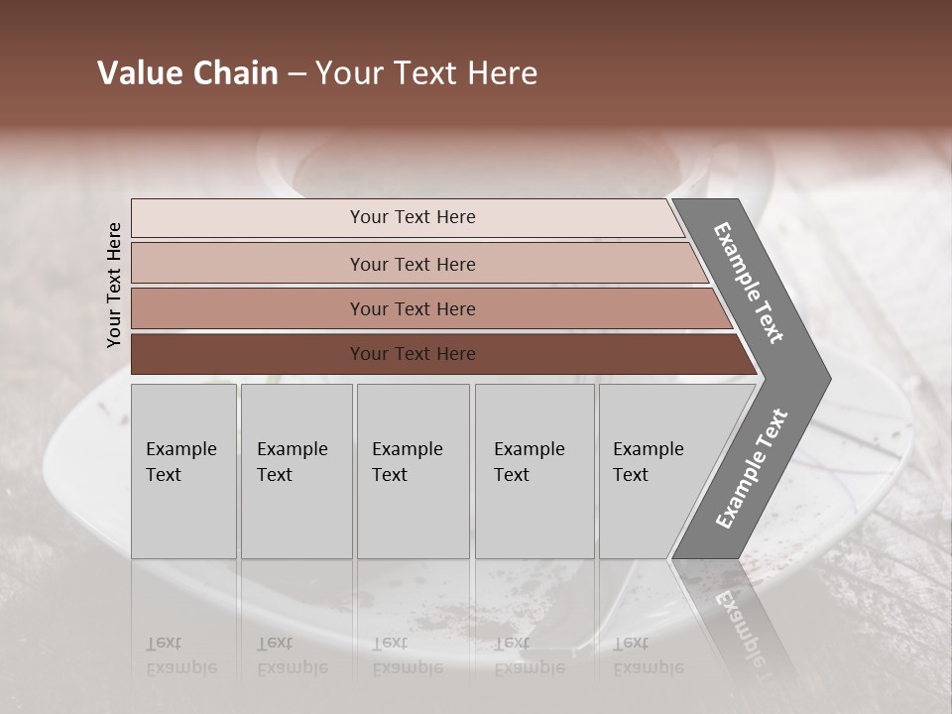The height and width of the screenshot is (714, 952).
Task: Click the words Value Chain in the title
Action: point(187,73)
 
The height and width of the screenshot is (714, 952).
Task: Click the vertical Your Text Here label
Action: point(114,285)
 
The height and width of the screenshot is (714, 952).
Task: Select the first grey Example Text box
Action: point(183,471)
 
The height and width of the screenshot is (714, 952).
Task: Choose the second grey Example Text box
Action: point(297,471)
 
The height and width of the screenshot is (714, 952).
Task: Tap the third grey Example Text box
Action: point(413,471)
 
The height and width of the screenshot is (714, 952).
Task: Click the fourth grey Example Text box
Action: point(535,471)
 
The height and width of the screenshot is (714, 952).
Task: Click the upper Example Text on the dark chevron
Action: point(749,283)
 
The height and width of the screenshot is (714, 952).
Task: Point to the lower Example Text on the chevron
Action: point(752,469)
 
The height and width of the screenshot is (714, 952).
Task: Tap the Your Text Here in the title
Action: point(426,73)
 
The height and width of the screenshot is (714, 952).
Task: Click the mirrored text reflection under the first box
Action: point(180,655)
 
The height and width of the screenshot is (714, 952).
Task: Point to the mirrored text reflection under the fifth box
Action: point(648,655)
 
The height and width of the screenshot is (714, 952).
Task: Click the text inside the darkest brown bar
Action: point(413,354)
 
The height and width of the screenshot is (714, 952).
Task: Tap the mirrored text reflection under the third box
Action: point(407,655)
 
